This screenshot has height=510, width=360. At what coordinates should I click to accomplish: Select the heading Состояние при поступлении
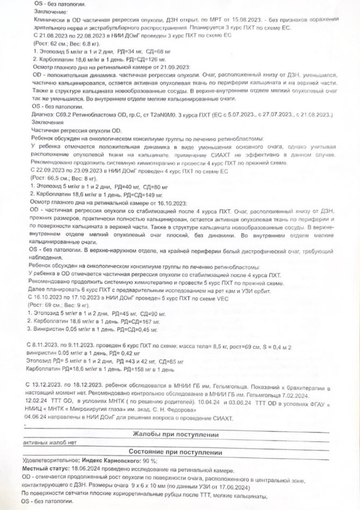point(179,453)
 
